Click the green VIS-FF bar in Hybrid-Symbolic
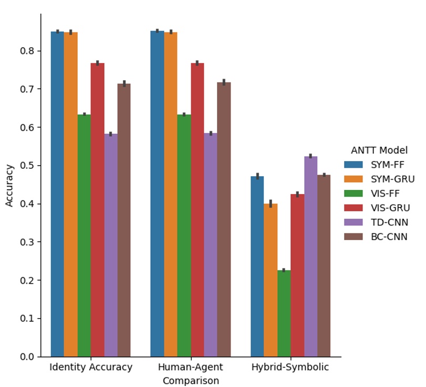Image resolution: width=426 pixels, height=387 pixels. pyautogui.click(x=284, y=313)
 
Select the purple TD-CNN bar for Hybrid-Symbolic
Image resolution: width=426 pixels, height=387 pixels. pyautogui.click(x=310, y=256)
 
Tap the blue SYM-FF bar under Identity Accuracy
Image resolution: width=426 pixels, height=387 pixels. pyautogui.click(x=57, y=194)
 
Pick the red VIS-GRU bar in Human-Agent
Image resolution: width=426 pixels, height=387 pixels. pyautogui.click(x=197, y=210)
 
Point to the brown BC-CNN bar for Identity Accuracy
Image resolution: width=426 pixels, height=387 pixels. pyautogui.click(x=124, y=220)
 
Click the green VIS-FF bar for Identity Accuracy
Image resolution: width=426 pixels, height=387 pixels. pyautogui.click(x=84, y=235)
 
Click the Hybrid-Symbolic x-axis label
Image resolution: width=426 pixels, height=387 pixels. pyautogui.click(x=290, y=367)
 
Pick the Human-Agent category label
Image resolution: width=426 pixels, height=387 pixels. pyautogui.click(x=190, y=367)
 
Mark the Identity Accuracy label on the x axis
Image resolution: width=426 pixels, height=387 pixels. pyautogui.click(x=91, y=367)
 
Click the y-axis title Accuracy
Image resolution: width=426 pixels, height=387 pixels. pyautogui.click(x=9, y=185)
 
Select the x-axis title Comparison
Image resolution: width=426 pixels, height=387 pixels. pyautogui.click(x=190, y=381)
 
